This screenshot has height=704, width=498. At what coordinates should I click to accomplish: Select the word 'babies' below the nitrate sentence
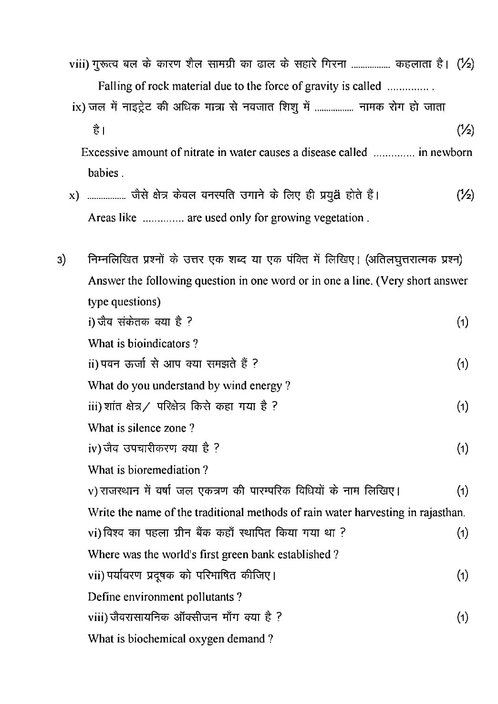[103, 173]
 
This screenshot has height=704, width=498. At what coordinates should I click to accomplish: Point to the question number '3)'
[62, 260]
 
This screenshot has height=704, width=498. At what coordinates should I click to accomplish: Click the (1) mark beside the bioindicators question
[462, 322]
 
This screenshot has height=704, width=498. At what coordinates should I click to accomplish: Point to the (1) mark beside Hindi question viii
[462, 618]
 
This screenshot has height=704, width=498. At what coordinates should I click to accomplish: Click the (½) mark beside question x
[465, 195]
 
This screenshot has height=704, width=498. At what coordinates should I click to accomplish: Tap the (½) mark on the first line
[465, 64]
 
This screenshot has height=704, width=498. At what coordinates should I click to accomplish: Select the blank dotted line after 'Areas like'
[163, 220]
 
